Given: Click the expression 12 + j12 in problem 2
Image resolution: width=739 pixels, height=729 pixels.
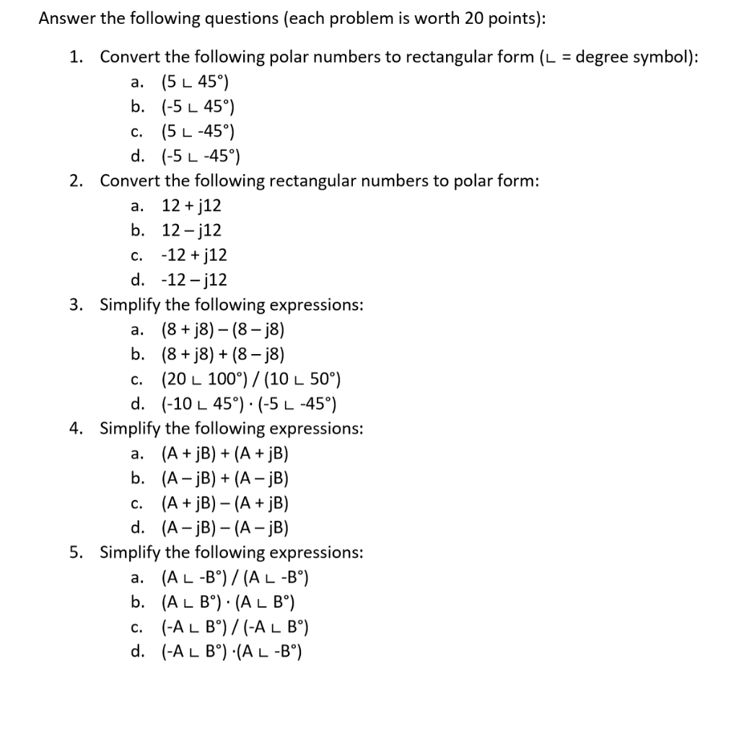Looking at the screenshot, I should click(191, 206).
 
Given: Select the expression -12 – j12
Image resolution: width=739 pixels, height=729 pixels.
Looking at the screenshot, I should click(193, 280).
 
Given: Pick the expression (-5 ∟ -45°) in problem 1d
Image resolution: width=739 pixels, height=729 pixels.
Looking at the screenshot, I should click(201, 156).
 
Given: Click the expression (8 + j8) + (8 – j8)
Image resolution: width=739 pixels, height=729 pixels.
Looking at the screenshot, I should click(223, 354).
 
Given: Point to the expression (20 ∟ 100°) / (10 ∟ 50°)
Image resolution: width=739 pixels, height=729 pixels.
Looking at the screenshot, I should click(251, 379).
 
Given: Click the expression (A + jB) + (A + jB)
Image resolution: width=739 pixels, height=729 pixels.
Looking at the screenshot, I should click(225, 454).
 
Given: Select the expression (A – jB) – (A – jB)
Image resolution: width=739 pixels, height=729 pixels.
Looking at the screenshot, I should click(225, 527).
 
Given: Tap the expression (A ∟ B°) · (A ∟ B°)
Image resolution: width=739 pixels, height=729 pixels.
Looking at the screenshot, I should click(229, 602).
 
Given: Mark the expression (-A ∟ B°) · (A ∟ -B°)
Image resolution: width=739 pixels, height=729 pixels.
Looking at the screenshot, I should click(231, 652).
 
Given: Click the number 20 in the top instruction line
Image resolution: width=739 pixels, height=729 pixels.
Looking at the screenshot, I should click(474, 20).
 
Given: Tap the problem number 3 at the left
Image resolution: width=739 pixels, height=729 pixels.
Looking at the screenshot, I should click(76, 305).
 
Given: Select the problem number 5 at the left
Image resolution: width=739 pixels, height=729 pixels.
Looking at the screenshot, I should click(76, 553).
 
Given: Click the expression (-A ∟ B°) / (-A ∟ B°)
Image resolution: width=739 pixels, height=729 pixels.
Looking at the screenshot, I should click(238, 627).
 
